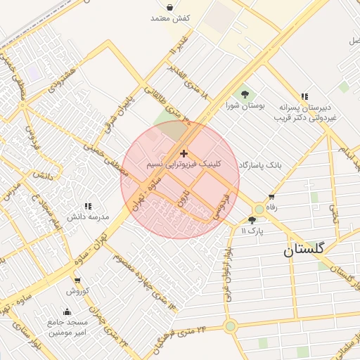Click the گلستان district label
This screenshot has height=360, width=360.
pos(304,250)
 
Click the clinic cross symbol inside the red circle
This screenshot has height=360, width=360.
pos(184,153)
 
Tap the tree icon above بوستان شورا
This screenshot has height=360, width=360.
pos(245,94)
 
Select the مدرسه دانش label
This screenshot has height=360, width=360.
pos(88,217)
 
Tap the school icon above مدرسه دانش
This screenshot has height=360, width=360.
pos(88,206)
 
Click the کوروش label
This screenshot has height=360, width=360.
pos(77,290)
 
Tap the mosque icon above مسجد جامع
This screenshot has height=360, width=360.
pos(67,312)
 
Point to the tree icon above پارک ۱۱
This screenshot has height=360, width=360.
pos(252,220)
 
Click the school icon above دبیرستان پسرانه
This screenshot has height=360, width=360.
pos(304,96)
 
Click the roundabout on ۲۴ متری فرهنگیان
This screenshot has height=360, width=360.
pos(230,326)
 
